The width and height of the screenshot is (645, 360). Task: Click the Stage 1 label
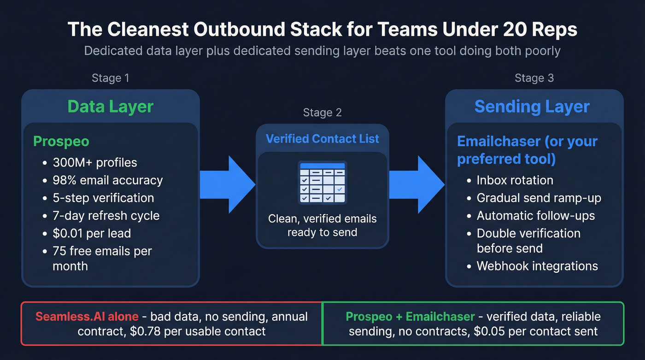click(x=111, y=78)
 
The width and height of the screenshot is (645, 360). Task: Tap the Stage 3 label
click(x=534, y=78)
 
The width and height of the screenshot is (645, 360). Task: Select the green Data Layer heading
click(x=111, y=106)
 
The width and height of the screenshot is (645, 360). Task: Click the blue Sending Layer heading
click(x=532, y=106)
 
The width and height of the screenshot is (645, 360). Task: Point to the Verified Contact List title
click(x=322, y=139)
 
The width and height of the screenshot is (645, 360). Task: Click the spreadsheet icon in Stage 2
click(x=322, y=183)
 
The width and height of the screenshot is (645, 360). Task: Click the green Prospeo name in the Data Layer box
click(x=61, y=141)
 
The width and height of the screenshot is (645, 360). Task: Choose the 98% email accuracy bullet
click(x=108, y=180)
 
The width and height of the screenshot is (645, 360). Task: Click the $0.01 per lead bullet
click(x=92, y=233)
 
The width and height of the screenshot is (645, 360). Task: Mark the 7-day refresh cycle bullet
click(x=106, y=216)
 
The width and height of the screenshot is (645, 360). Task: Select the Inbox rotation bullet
click(x=515, y=180)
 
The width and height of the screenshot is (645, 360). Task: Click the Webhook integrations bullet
click(x=537, y=266)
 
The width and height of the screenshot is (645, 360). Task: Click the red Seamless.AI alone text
click(x=87, y=317)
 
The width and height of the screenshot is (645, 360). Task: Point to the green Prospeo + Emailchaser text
click(x=410, y=317)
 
